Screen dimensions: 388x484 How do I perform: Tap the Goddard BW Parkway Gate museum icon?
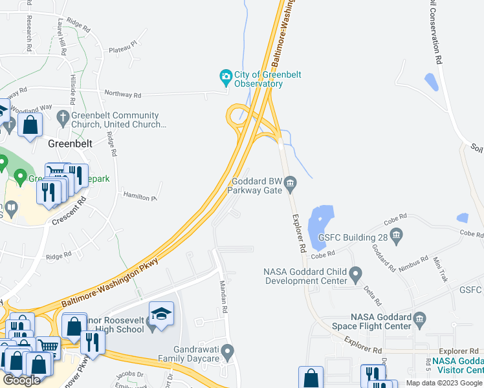click(291, 185)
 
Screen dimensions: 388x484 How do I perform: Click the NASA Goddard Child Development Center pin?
click(355, 275)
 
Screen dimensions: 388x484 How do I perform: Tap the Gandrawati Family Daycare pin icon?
click(226, 353)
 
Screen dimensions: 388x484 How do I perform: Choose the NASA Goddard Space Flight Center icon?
click(419, 318)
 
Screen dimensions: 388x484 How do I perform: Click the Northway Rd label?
click(122, 94)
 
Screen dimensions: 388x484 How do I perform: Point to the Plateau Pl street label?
click(123, 47)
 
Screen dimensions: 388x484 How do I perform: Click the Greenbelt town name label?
click(70, 142)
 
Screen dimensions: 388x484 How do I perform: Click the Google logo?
click(21, 380)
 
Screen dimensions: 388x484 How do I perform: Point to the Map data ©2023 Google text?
click(443, 382)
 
